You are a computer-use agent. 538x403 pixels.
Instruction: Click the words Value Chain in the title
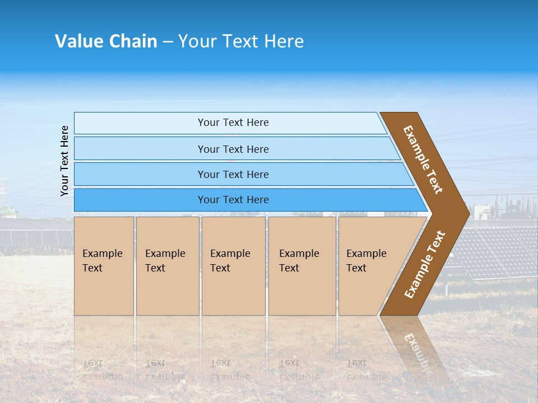[106, 41]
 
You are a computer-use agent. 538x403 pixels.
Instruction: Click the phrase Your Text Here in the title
[241, 41]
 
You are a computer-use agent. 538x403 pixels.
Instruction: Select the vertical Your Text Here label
[65, 161]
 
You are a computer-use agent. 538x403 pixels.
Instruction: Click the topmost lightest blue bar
[140, 123]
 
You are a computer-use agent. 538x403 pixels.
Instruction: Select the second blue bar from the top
[140, 149]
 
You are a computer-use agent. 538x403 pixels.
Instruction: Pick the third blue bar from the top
[140, 174]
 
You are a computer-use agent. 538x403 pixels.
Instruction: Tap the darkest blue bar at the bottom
[140, 200]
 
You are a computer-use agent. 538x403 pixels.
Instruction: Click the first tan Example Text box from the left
[104, 266]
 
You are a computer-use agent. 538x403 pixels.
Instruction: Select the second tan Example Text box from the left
[168, 266]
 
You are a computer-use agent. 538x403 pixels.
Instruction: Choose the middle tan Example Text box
[233, 266]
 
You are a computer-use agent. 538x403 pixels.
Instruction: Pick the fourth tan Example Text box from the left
[302, 266]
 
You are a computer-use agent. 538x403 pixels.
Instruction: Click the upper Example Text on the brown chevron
[423, 160]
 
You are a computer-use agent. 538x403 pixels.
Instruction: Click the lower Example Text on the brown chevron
[425, 265]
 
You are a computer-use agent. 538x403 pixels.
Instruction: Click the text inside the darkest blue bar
[233, 200]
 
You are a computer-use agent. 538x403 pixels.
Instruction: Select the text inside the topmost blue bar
[233, 123]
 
